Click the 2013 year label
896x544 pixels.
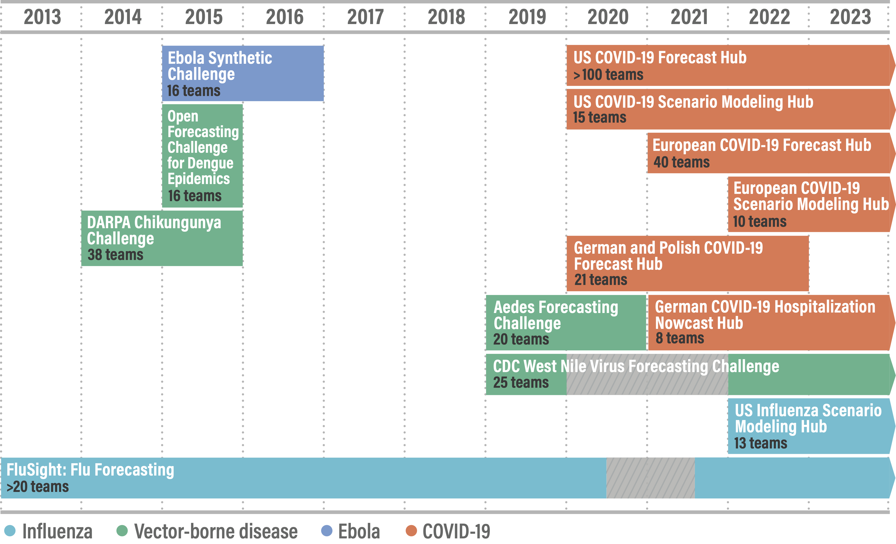42,17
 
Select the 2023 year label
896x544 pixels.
850,17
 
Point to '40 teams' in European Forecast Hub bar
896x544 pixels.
681,162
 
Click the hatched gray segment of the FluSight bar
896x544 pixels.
650,478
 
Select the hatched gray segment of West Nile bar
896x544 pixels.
647,375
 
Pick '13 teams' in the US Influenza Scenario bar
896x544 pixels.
760,443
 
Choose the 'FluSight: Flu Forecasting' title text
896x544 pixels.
90,470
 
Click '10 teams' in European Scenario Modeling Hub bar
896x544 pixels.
759,221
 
